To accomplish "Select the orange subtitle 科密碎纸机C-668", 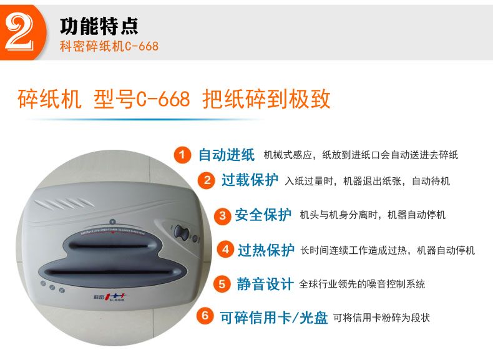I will [x=109, y=46].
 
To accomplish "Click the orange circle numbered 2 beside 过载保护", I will [x=207, y=181].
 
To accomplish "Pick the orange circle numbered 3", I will [x=222, y=216].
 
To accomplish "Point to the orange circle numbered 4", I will [x=225, y=250].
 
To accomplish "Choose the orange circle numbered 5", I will [x=222, y=284].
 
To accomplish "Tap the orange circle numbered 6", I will [x=205, y=316].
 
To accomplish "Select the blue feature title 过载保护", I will [x=250, y=181].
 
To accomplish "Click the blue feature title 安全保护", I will [x=263, y=216].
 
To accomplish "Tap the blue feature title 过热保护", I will [x=266, y=250].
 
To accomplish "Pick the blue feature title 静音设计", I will [x=265, y=285].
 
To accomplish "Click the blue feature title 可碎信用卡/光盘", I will [x=273, y=317].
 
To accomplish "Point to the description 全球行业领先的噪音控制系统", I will [x=362, y=285].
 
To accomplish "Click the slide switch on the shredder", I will [x=182, y=233].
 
